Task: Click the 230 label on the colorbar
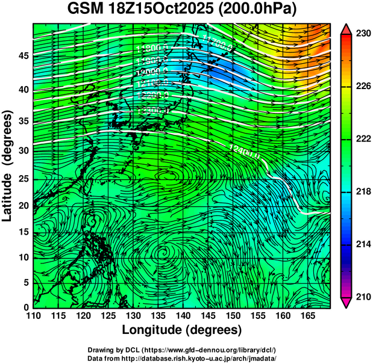click(362, 34)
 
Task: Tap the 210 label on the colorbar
click(362, 297)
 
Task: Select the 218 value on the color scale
click(362, 192)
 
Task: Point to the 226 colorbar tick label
click(362, 87)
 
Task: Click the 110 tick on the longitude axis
click(33, 315)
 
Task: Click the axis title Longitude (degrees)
click(182, 330)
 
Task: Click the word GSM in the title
click(86, 10)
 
